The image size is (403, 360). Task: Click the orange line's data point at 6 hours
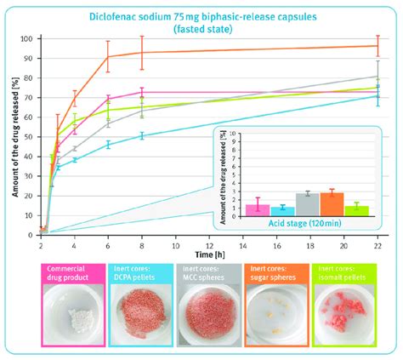point(108,57)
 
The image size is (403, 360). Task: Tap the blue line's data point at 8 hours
point(142,135)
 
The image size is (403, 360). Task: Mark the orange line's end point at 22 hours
point(377,46)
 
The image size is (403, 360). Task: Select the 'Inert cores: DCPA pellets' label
point(139,276)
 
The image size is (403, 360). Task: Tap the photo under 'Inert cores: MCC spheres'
point(207,319)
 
